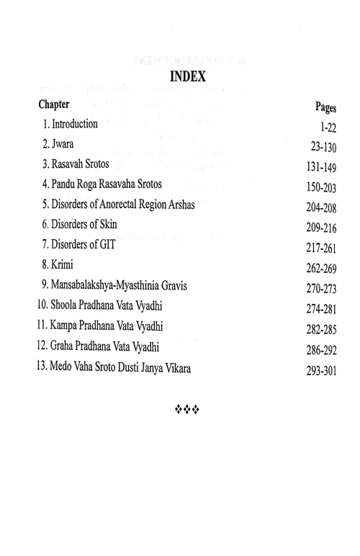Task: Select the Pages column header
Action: [326, 107]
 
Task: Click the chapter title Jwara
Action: [61, 143]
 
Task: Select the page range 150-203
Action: [323, 187]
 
